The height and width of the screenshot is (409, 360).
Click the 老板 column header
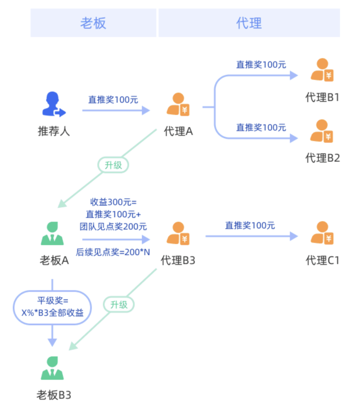pos(93,23)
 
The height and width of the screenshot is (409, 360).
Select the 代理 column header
pos(249,23)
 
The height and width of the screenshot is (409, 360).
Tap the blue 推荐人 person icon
pos(54,105)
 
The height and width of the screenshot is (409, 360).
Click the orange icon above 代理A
pos(178,105)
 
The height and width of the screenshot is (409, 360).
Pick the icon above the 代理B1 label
pos(322,71)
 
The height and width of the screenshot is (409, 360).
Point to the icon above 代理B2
pos(322,131)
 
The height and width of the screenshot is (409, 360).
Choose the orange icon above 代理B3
pos(178,234)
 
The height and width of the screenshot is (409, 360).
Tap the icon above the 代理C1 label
pos(322,234)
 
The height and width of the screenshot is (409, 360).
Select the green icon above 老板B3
pos(52,368)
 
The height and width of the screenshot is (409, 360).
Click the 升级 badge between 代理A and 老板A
pos(113,165)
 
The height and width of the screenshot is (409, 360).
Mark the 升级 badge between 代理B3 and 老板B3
pos(119,305)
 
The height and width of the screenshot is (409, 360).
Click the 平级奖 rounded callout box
pos(52,307)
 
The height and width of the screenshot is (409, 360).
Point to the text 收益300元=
pos(113,202)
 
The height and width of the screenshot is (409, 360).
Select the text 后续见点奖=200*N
pos(113,252)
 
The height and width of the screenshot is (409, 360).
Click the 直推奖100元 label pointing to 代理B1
pos(261,64)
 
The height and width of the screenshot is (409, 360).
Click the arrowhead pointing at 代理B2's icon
pos(294,139)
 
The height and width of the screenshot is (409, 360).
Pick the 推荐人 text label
pos(54,131)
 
